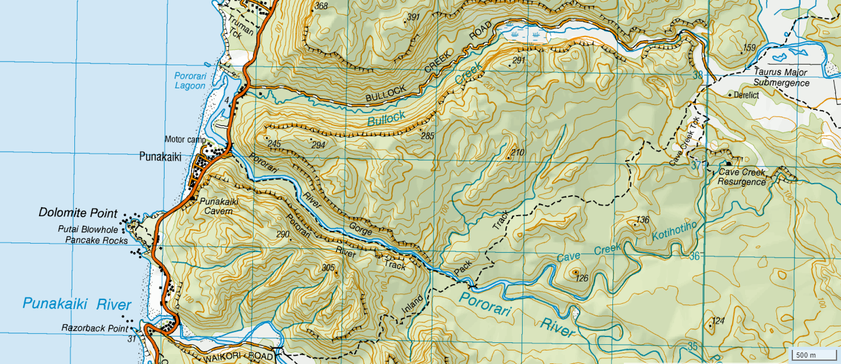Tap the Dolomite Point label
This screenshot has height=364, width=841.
78,213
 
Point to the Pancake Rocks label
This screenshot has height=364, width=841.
97,240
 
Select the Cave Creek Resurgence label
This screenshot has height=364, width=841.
742,177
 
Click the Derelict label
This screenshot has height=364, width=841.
746,95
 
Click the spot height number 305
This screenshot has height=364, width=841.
329,267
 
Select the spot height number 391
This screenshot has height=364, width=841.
413,17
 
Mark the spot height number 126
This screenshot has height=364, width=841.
582,278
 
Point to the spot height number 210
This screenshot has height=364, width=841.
518,152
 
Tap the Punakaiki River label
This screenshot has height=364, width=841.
77,304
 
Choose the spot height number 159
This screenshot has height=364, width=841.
749,48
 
